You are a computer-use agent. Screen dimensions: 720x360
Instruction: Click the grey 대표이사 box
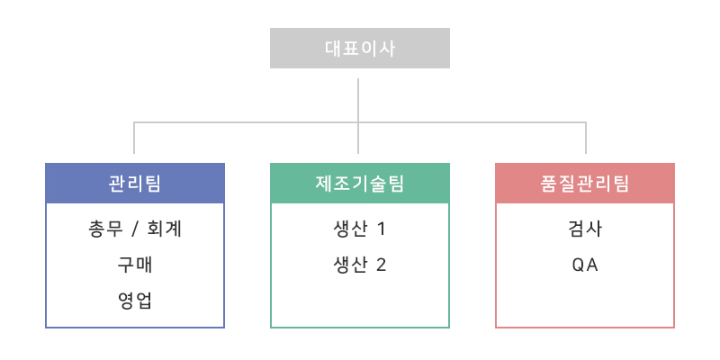click(359, 49)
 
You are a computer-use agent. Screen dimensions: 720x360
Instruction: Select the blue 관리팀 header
click(135, 184)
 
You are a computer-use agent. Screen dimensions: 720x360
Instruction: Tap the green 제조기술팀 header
click(359, 184)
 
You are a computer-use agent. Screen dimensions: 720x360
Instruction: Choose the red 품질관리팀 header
click(585, 184)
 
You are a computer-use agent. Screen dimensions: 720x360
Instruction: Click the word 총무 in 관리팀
click(105, 229)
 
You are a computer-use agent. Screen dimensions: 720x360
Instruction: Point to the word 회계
click(165, 229)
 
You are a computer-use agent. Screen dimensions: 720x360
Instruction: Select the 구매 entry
click(135, 265)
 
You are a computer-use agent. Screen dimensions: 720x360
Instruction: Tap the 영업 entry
click(135, 301)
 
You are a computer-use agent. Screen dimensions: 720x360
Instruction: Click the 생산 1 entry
click(359, 229)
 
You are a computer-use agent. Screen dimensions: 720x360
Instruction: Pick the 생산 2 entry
click(359, 265)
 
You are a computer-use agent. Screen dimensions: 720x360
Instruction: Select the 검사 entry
click(585, 229)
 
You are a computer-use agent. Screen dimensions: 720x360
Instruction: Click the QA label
click(585, 265)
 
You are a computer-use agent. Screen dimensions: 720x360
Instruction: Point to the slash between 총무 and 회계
click(135, 229)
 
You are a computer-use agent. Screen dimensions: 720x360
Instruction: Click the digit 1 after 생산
click(381, 229)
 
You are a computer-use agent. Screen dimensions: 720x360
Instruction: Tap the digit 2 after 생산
click(381, 265)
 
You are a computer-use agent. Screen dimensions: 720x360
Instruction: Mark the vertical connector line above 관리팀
click(134, 138)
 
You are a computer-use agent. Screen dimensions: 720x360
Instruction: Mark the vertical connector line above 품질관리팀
click(586, 138)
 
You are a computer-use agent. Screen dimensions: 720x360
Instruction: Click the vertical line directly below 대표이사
click(358, 116)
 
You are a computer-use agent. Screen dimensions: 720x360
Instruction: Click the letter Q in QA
click(578, 265)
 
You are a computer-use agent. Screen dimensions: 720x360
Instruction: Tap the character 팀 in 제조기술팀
click(395, 184)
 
